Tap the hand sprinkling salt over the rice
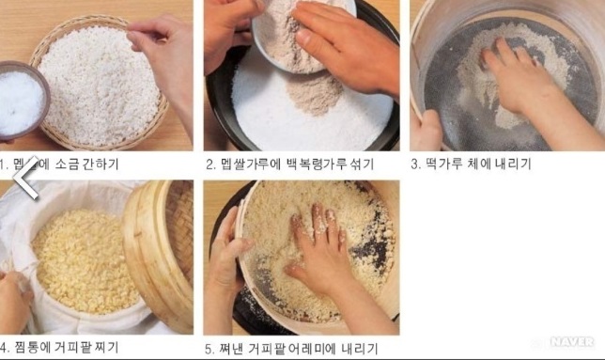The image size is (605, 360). [x=165, y=47]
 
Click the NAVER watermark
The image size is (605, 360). [x=571, y=342]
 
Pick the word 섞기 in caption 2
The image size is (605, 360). [x=361, y=164]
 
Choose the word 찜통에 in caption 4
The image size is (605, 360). [x=35, y=348]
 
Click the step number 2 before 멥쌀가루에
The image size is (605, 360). [x=210, y=164]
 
